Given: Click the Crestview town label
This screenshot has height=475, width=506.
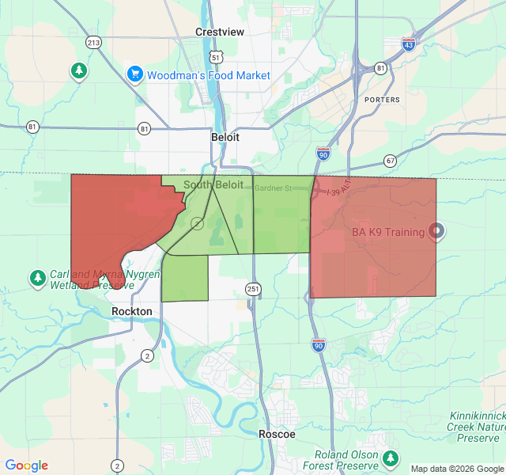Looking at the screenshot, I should click(x=220, y=32).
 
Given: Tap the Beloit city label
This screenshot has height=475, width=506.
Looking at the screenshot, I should click(x=225, y=136).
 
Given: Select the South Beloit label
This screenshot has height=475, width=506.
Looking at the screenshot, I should click(x=213, y=184).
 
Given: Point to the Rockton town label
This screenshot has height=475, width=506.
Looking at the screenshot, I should click(x=131, y=311).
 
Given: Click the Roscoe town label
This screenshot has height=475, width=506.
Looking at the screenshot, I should click(x=277, y=434).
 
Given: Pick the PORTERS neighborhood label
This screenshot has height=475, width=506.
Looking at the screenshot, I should click(x=383, y=100).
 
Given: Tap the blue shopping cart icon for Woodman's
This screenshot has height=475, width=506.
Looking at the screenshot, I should click(x=134, y=74).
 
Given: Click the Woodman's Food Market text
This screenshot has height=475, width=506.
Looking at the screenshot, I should click(x=209, y=76).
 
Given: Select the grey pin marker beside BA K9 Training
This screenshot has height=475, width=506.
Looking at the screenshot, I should click(x=436, y=231).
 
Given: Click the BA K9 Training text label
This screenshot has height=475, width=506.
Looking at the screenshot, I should click(x=387, y=234).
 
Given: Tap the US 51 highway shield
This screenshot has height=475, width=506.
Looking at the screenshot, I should click(x=216, y=57).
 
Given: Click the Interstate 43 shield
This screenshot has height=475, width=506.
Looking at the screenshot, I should click(x=408, y=44).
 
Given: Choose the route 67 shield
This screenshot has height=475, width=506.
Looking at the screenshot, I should click(x=391, y=161).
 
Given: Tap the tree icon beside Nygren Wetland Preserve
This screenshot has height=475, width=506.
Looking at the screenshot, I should click(x=37, y=278).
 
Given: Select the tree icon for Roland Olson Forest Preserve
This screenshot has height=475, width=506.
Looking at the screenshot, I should click(x=390, y=458).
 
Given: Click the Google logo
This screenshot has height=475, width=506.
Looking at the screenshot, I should click(x=26, y=465).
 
